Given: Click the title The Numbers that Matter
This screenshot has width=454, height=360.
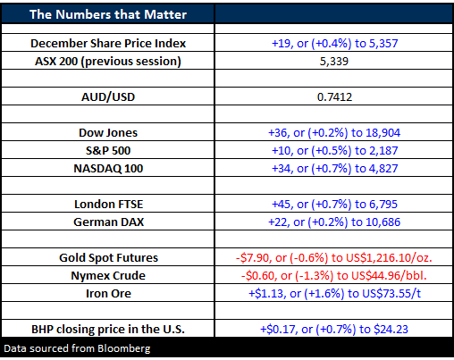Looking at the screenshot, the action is pyautogui.click(x=108, y=14).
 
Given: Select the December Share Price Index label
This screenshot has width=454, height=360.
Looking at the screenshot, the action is pyautogui.click(x=108, y=44).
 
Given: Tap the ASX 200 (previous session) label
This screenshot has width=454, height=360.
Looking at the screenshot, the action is pyautogui.click(x=108, y=62).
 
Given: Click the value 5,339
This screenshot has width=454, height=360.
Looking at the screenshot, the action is pyautogui.click(x=334, y=62).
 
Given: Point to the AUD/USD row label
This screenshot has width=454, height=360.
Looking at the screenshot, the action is pyautogui.click(x=108, y=97).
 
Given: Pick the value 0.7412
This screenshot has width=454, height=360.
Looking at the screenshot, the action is pyautogui.click(x=334, y=97).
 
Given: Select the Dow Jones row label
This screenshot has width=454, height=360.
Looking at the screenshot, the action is pyautogui.click(x=108, y=133).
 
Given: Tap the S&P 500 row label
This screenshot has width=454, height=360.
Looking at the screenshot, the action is pyautogui.click(x=108, y=151).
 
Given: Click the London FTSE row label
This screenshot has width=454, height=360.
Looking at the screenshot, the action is pyautogui.click(x=109, y=205).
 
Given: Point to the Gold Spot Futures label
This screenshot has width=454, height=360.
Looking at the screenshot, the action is pyautogui.click(x=108, y=258).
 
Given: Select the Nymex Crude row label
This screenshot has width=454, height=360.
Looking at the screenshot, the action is pyautogui.click(x=108, y=276).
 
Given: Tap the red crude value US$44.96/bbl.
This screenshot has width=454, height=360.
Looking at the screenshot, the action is pyautogui.click(x=389, y=276).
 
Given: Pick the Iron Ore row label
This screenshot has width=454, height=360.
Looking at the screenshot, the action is pyautogui.click(x=108, y=294).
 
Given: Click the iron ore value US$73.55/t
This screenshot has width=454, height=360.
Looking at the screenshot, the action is pyautogui.click(x=391, y=294).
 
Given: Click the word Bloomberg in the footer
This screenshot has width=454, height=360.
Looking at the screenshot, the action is pyautogui.click(x=124, y=348).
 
